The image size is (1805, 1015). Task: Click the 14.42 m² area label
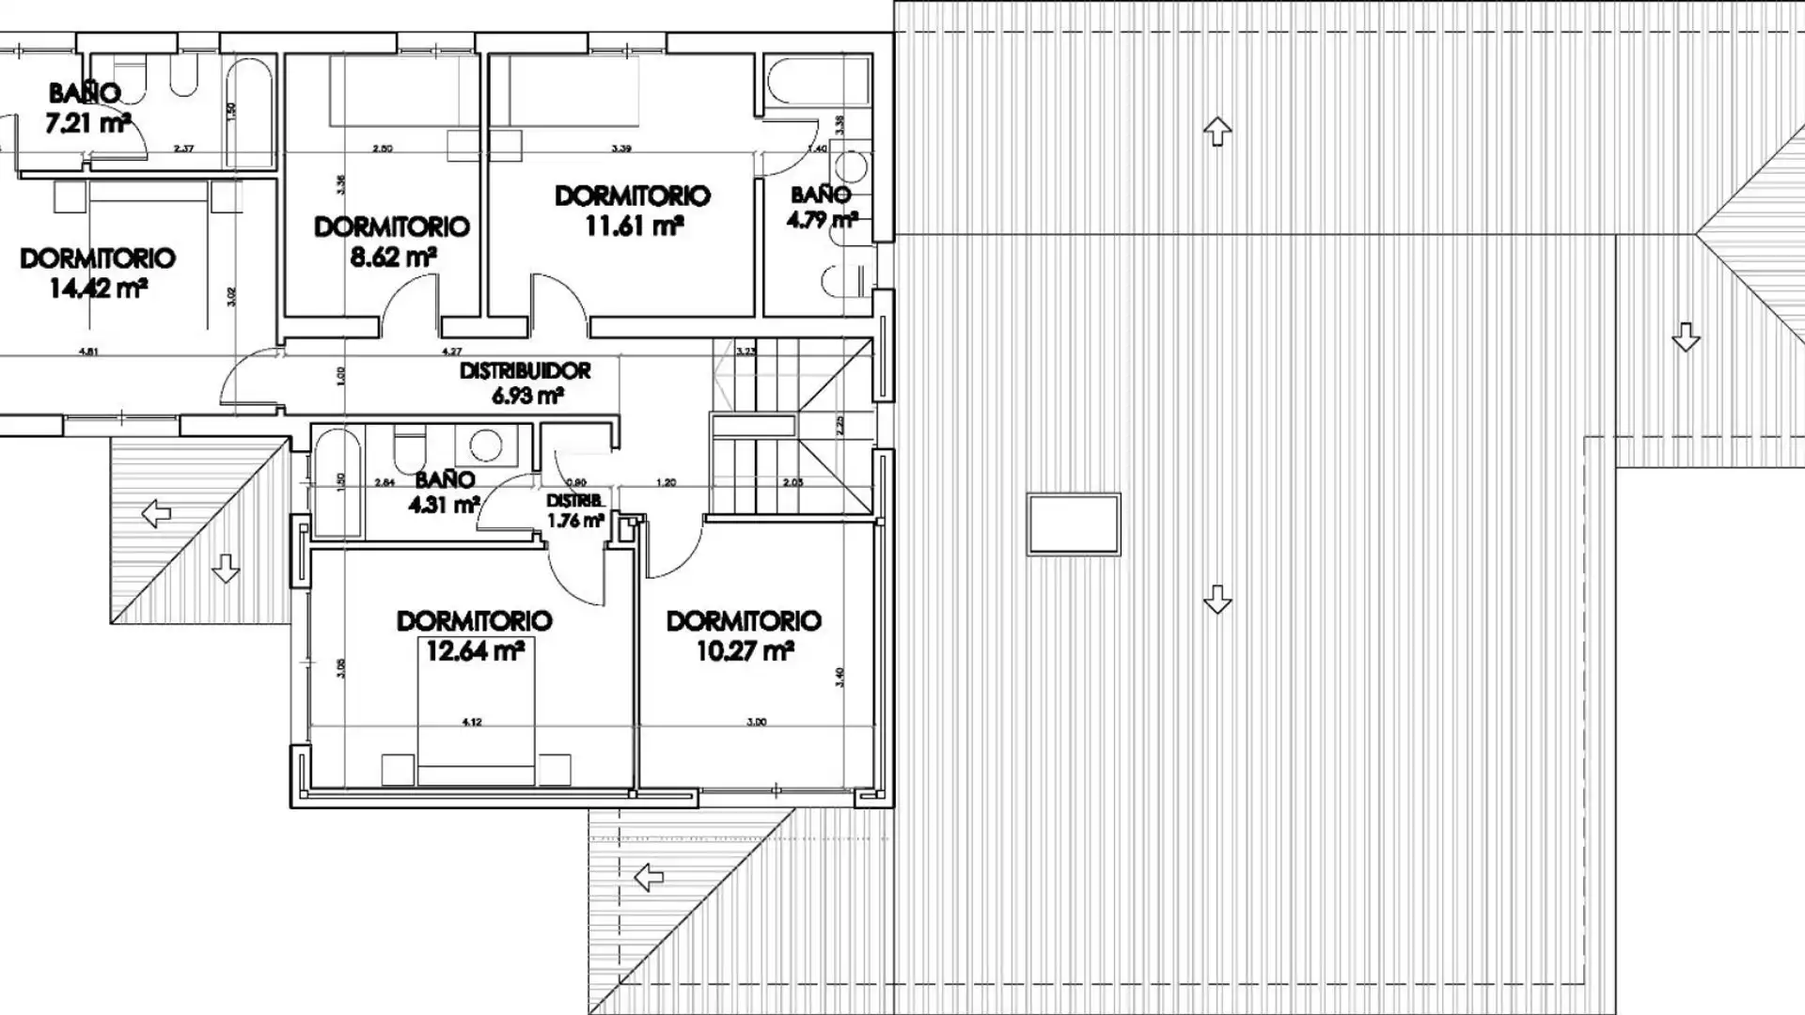click(x=97, y=289)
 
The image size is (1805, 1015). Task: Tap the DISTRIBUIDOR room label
click(x=525, y=371)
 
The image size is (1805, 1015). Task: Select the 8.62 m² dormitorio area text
click(x=392, y=257)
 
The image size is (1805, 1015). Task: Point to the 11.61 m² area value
click(x=633, y=226)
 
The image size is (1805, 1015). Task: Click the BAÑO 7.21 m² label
click(x=86, y=107)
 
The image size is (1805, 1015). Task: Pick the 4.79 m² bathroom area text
click(x=821, y=221)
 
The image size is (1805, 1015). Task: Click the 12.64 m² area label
click(x=474, y=650)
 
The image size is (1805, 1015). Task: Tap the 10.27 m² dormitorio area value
click(x=745, y=650)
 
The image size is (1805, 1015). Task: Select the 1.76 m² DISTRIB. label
click(x=574, y=520)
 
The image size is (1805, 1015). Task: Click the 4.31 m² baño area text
click(x=443, y=506)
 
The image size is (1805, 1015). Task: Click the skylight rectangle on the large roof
click(x=1073, y=524)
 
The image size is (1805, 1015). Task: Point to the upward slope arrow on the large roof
click(x=1217, y=131)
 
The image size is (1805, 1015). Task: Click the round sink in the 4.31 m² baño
click(x=485, y=445)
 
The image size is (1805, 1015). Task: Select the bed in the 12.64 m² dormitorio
click(x=476, y=742)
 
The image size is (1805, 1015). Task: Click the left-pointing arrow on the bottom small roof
click(x=649, y=878)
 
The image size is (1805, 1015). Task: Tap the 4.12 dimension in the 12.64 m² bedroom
click(x=472, y=722)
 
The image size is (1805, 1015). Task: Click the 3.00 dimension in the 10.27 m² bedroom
click(x=756, y=722)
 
